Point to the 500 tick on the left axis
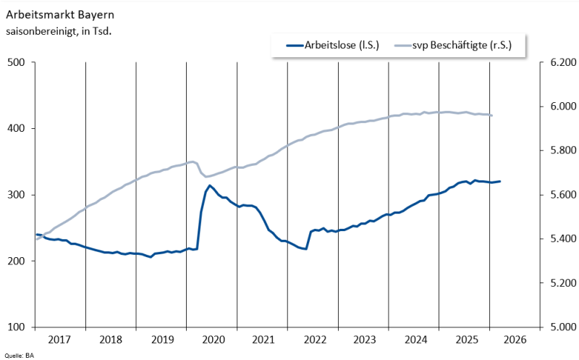17,62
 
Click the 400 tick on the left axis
17,128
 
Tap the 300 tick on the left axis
17,195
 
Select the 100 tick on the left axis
17,327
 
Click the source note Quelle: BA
20,356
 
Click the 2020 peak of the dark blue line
210,185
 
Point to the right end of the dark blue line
500,181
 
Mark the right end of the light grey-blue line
492,115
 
